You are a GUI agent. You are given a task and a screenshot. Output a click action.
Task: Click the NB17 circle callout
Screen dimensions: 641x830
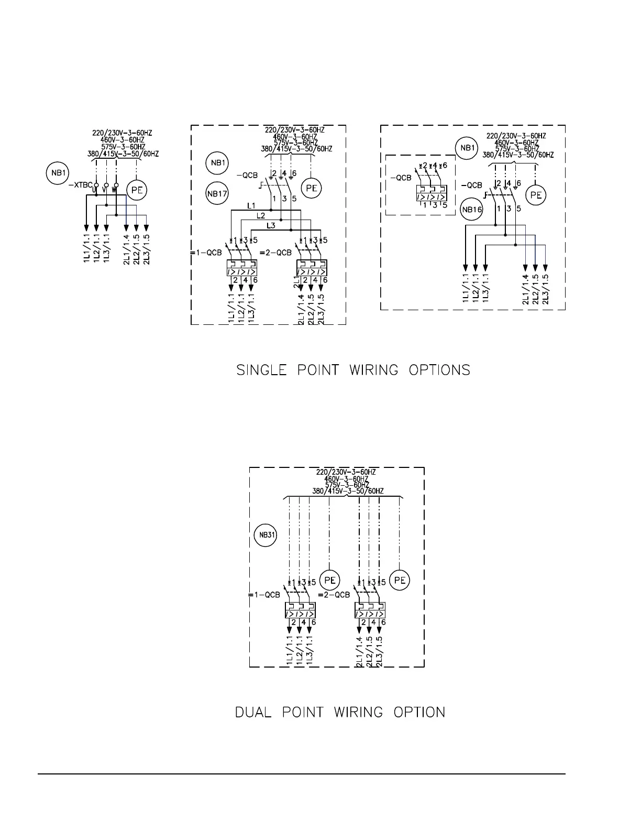pyautogui.click(x=217, y=193)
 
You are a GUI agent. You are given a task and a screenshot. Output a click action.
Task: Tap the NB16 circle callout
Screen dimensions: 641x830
pyautogui.click(x=471, y=210)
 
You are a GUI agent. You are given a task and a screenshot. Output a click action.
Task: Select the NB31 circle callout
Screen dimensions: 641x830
pyautogui.click(x=264, y=535)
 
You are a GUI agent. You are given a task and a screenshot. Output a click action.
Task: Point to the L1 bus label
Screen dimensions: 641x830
pyautogui.click(x=251, y=206)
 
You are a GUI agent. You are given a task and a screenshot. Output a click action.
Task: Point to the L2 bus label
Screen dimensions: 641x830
pyautogui.click(x=260, y=215)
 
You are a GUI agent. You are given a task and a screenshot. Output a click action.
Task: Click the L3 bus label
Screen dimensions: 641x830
pyautogui.click(x=270, y=225)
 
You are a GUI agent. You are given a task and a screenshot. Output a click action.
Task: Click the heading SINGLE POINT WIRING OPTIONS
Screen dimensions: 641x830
pyautogui.click(x=353, y=370)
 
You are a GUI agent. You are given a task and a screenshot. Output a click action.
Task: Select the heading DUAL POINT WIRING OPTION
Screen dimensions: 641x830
pyautogui.click(x=340, y=712)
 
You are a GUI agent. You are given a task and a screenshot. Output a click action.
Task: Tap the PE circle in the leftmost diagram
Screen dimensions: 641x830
pyautogui.click(x=137, y=190)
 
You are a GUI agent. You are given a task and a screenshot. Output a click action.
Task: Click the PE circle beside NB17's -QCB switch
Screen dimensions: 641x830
pyautogui.click(x=312, y=188)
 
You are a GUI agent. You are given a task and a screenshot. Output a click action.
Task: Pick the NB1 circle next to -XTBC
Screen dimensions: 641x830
pyautogui.click(x=58, y=173)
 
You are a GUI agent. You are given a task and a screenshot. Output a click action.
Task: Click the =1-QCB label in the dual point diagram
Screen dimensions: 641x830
pyautogui.click(x=264, y=595)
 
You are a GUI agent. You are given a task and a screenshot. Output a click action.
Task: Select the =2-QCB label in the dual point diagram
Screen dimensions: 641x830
pyautogui.click(x=334, y=595)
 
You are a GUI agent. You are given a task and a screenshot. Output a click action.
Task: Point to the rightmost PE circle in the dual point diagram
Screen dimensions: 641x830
pyautogui.click(x=400, y=581)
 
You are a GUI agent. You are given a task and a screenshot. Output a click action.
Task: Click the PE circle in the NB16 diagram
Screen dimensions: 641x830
pyautogui.click(x=536, y=195)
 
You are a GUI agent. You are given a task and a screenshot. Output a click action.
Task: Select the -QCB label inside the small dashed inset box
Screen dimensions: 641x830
pyautogui.click(x=401, y=178)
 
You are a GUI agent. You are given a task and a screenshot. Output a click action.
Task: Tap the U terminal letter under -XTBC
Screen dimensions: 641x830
pyautogui.click(x=94, y=190)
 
